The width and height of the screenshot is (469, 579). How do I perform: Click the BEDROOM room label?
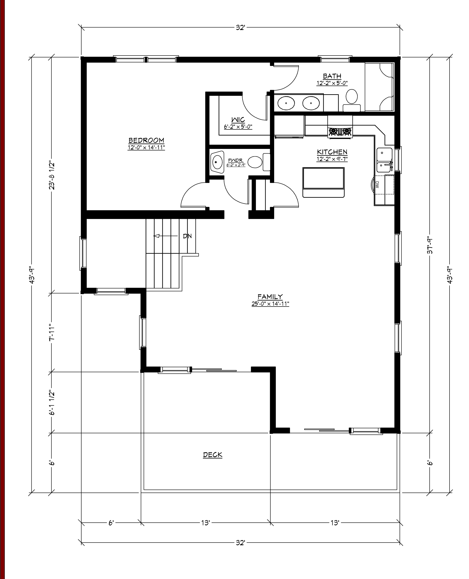(x=146, y=140)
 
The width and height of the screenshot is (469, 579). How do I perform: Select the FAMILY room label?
(x=270, y=297)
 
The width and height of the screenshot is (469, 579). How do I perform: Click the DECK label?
(x=213, y=455)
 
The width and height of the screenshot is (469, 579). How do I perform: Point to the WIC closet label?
(x=238, y=120)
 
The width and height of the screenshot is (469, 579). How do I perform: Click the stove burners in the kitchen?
(x=340, y=132)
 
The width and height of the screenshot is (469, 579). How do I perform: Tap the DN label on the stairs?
(x=187, y=236)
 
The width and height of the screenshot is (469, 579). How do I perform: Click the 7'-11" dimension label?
(x=52, y=332)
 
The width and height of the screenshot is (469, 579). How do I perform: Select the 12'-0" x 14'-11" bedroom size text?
(x=146, y=148)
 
